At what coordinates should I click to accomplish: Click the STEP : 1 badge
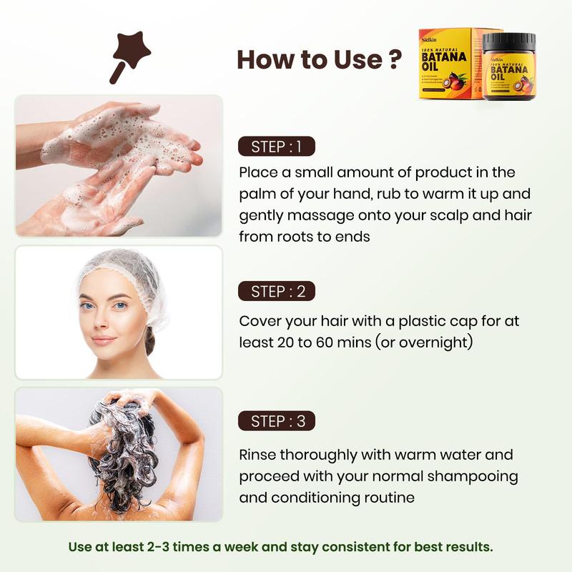[277, 147]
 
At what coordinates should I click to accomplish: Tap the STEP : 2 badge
[277, 292]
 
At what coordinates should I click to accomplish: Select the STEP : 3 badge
[277, 422]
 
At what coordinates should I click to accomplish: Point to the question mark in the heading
[393, 59]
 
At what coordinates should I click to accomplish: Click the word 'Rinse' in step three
[258, 455]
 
